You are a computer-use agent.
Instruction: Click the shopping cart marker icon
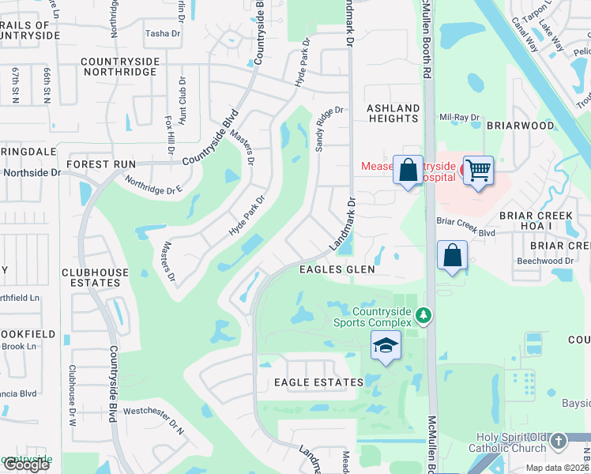479,169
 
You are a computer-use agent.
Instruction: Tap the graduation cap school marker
385,346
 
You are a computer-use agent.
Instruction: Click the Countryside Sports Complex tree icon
424,315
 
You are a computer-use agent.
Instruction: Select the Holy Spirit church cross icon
559,441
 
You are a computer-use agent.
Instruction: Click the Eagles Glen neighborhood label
336,269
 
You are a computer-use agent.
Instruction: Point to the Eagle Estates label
318,382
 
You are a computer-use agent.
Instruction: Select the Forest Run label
101,164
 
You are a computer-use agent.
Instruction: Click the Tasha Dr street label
164,33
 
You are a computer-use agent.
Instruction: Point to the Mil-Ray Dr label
460,118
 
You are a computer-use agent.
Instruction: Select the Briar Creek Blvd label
465,229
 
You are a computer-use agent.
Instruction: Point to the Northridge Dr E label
153,189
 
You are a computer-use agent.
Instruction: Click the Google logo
26,465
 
